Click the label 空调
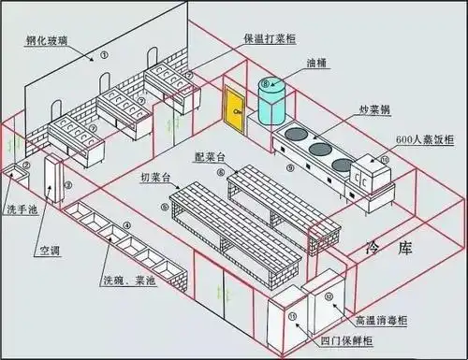pos(50,251)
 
